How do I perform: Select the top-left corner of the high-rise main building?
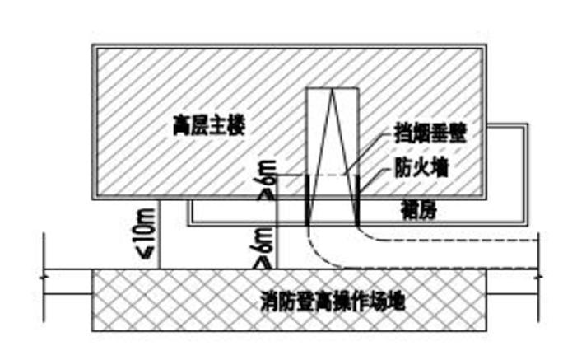pyautogui.click(x=92, y=47)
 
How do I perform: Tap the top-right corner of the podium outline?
pyautogui.click(x=525, y=125)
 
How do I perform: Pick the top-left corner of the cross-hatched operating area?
pyautogui.click(x=92, y=269)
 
